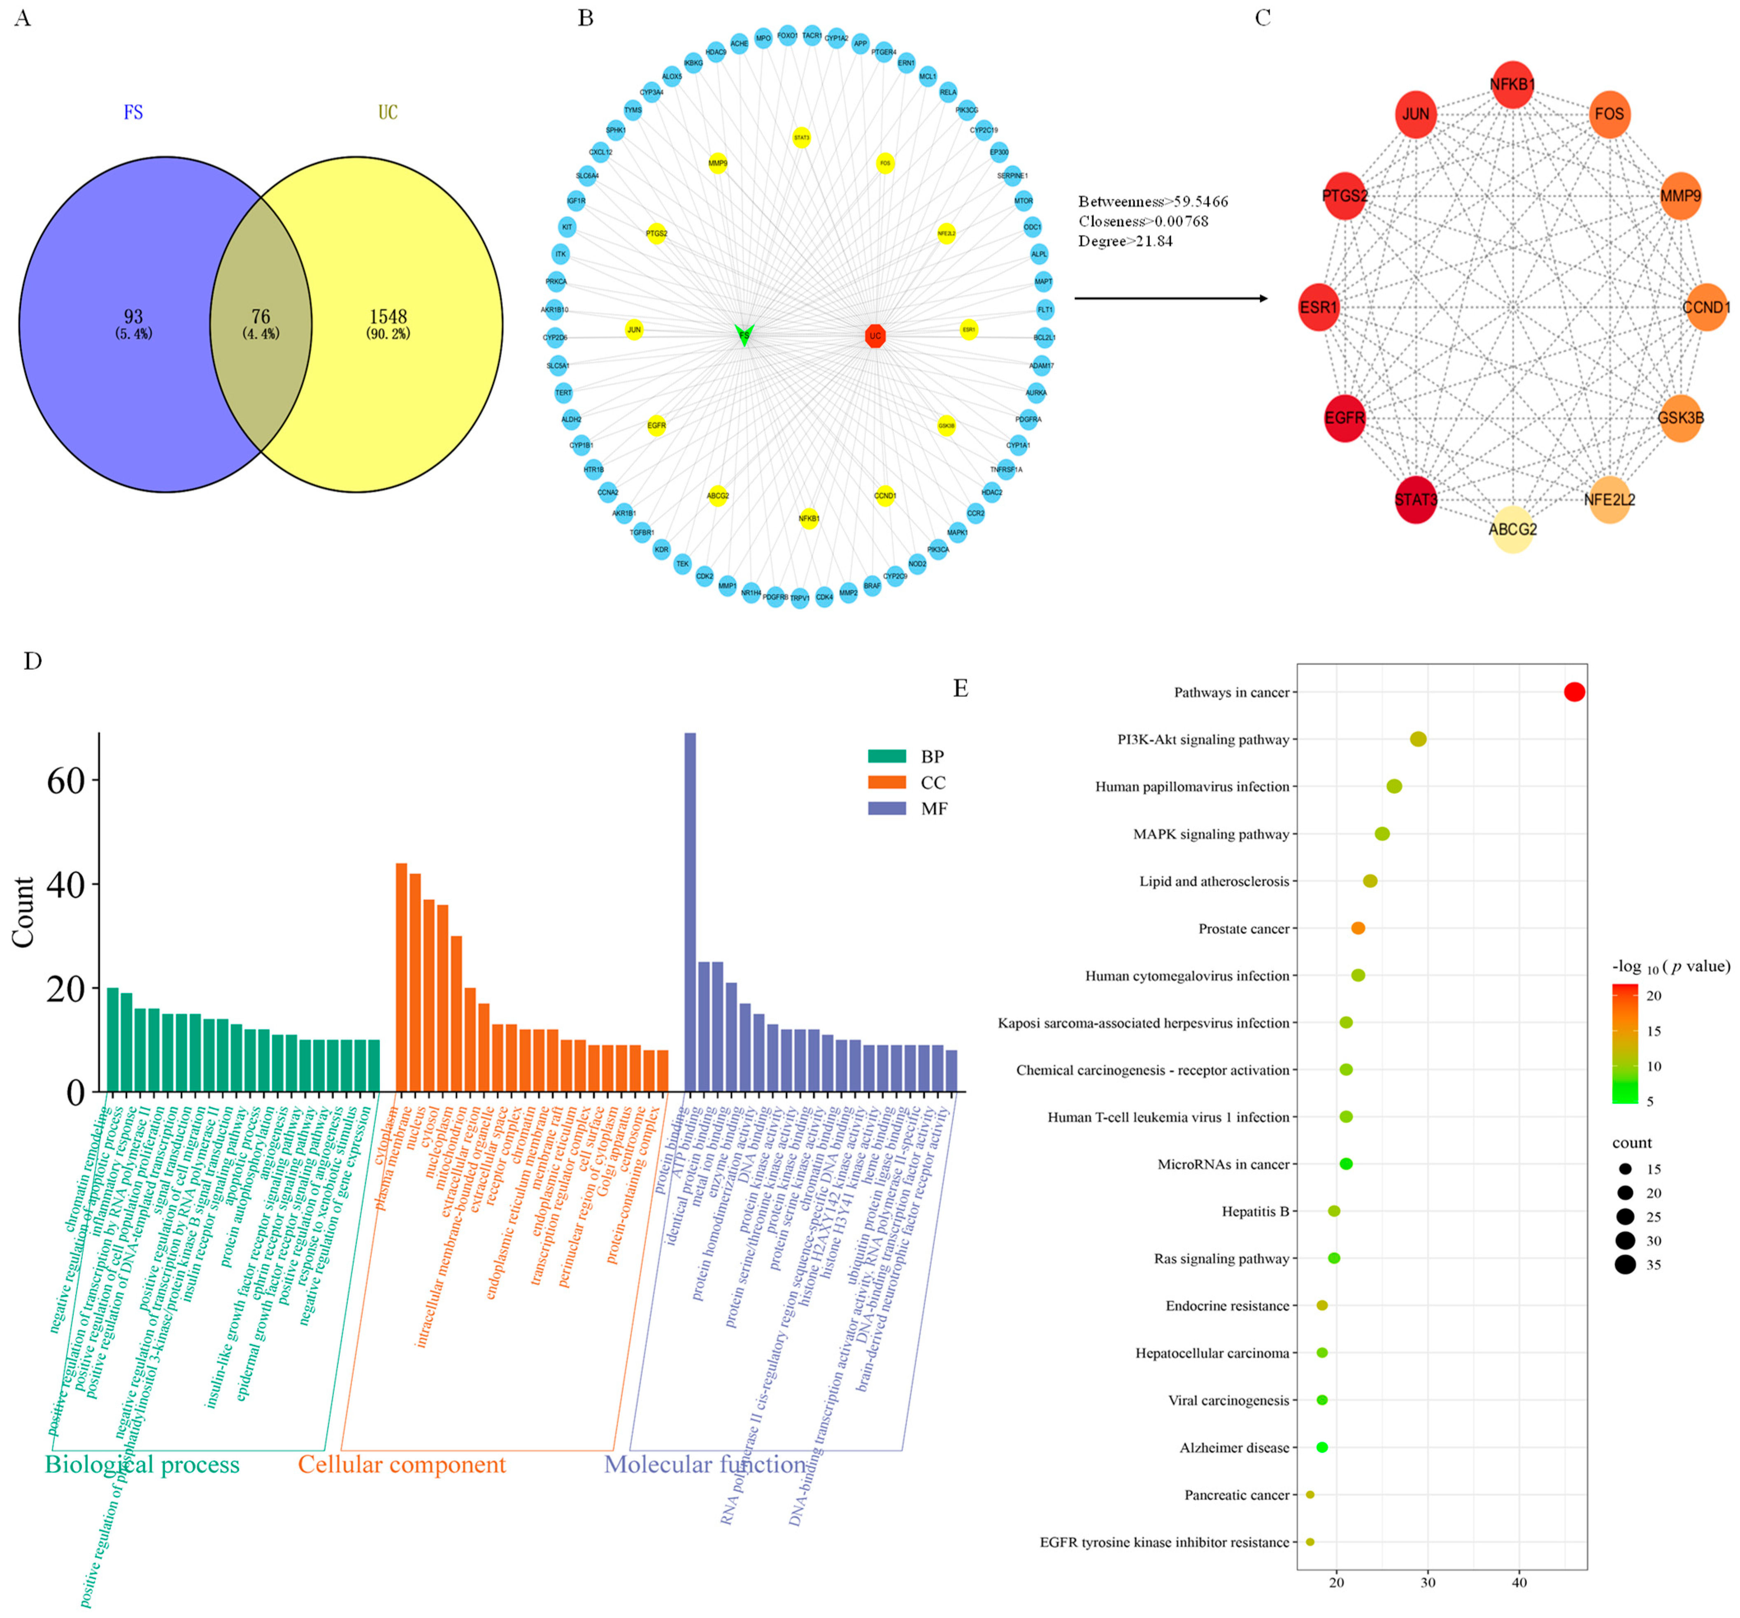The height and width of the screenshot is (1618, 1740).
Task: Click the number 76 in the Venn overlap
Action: (260, 317)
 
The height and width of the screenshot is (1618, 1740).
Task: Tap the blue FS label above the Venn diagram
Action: (133, 112)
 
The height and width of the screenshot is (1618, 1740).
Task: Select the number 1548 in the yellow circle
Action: (388, 317)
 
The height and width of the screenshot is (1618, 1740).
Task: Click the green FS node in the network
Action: (744, 334)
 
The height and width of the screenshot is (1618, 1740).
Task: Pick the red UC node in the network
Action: (875, 335)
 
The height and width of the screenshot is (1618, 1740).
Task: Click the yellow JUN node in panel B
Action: (634, 330)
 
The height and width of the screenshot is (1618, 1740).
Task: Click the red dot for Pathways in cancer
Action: (1574, 692)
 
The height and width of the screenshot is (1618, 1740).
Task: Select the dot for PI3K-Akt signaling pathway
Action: (1418, 739)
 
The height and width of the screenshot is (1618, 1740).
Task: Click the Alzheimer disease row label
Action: (1234, 1447)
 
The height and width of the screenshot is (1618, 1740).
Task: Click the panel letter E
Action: (960, 689)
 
